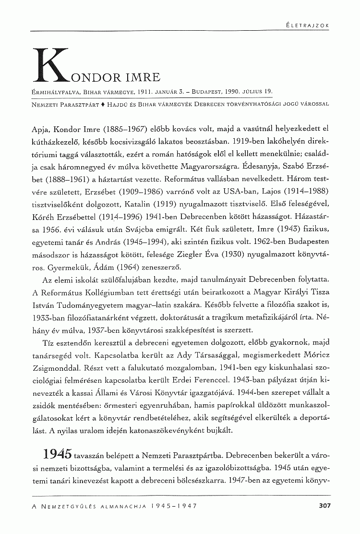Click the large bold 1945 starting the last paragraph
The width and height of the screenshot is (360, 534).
pyautogui.click(x=58, y=454)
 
